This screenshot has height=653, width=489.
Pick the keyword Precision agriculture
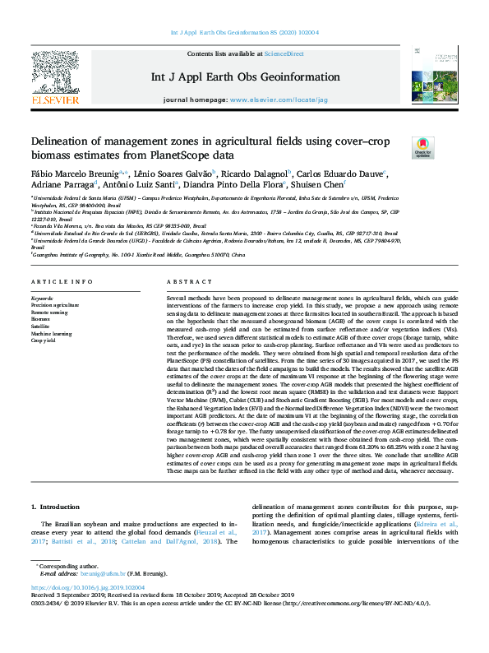(x=55, y=303)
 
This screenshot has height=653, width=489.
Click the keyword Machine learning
(x=51, y=333)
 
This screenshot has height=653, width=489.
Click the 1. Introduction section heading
(x=56, y=508)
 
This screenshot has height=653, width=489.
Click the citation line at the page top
(x=244, y=34)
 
